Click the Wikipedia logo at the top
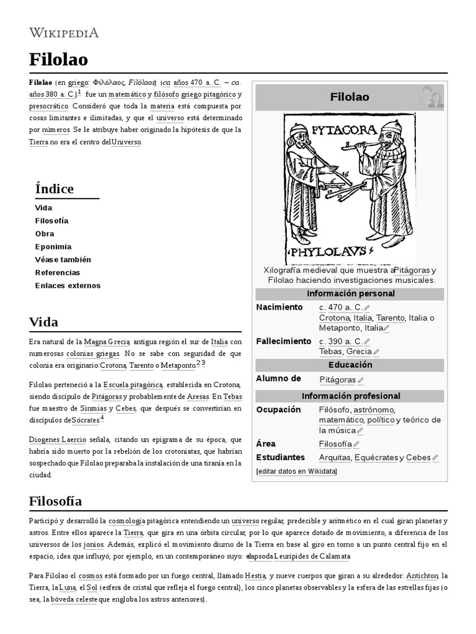64,33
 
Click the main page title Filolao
58,59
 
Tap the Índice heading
55,188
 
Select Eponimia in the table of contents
53,246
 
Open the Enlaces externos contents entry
68,285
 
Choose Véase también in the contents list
63,259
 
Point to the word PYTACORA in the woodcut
344,131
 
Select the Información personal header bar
350,293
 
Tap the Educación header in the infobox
350,365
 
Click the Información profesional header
350,396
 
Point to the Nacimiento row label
279,307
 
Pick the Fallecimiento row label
283,341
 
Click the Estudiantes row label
280,457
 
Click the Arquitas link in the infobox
334,458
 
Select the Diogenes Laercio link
57,440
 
